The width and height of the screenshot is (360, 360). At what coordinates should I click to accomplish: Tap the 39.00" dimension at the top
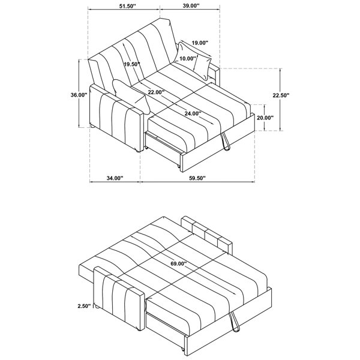[191, 6]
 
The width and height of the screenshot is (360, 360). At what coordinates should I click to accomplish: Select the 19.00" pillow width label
[200, 43]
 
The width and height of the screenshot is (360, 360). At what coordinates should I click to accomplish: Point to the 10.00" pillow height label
[188, 59]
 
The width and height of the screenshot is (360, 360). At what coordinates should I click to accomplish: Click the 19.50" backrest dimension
[132, 64]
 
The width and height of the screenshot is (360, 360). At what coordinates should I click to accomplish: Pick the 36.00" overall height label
[79, 95]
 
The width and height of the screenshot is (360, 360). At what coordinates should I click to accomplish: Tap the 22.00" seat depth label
[156, 92]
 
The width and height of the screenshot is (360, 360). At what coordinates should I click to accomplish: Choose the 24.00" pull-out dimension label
[193, 113]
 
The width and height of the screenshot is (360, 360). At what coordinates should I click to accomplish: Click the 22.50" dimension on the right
[281, 95]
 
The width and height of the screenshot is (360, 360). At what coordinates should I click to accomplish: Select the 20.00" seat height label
[265, 118]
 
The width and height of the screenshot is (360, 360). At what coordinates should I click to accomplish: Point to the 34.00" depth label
[115, 178]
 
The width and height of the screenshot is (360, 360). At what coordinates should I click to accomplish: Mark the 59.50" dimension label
[197, 178]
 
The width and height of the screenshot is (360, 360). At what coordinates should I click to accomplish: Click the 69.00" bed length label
[179, 264]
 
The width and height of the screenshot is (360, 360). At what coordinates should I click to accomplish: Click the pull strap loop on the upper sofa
[226, 142]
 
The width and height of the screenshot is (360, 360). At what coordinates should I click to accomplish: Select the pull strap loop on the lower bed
[235, 322]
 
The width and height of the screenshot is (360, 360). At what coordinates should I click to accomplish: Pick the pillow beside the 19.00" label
[193, 61]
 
